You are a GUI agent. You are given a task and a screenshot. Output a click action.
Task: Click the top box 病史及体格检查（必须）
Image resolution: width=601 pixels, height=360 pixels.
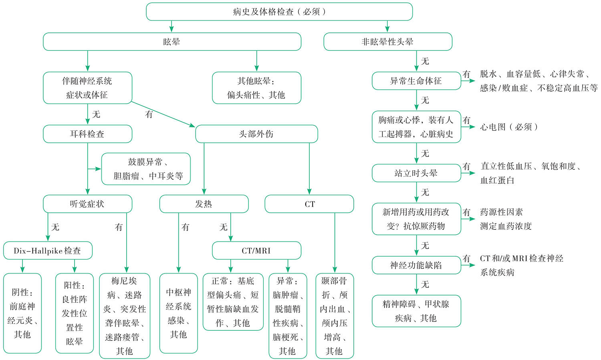279,12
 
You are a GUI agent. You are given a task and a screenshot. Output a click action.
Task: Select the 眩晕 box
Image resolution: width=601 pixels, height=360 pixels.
172,42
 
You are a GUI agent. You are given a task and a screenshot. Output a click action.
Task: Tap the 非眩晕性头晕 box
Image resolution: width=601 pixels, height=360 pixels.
388,42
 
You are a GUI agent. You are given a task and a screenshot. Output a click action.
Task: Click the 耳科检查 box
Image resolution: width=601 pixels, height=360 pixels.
87,134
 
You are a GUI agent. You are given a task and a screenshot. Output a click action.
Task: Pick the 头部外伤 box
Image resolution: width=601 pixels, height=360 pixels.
256,134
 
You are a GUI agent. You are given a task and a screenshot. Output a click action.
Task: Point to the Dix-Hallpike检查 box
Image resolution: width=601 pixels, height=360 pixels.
48,250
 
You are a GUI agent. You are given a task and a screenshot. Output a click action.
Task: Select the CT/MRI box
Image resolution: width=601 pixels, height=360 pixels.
256,250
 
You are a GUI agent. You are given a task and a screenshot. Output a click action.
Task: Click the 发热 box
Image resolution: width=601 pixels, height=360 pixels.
204,204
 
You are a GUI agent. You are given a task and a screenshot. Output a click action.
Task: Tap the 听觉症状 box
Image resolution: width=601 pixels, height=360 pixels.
87,204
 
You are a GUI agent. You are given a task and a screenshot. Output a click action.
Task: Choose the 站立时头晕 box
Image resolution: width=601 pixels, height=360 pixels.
416,173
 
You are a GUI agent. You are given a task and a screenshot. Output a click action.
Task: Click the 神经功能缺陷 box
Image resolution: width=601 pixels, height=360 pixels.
416,265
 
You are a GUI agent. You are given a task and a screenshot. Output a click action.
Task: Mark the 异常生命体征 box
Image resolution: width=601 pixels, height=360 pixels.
416,80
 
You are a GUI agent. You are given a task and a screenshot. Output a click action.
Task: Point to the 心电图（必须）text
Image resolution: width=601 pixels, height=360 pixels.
509,127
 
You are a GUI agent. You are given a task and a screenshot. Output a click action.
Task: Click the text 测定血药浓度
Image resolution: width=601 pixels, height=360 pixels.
506,226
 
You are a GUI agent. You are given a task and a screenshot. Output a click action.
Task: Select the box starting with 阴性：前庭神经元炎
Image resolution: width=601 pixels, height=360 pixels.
22,313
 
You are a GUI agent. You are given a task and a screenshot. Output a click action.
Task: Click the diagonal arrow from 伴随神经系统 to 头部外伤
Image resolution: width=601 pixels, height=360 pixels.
163,114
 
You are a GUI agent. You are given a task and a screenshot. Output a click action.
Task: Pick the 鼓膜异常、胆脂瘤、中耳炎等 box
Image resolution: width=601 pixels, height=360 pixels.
146,169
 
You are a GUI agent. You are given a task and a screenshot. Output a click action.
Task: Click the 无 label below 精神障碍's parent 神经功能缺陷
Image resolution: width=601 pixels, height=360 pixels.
425,284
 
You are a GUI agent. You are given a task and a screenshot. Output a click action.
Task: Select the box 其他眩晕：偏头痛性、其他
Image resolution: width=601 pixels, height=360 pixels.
256,88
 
